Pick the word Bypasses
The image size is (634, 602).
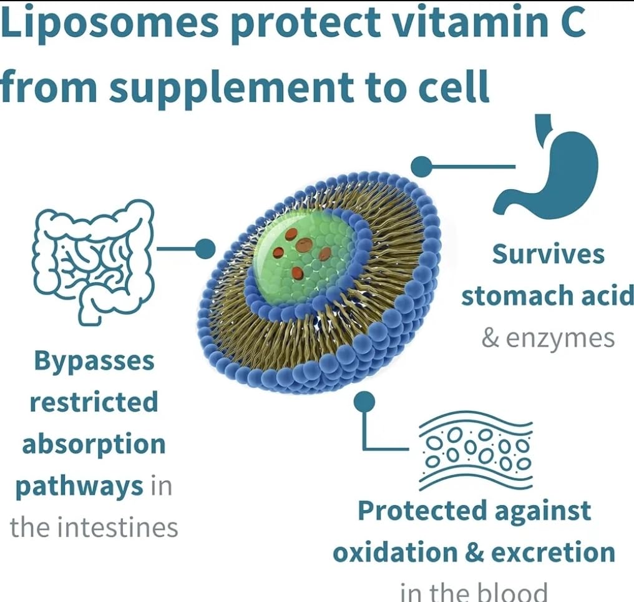click(x=94, y=360)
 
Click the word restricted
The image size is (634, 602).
click(x=94, y=402)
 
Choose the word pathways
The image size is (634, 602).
click(x=79, y=485)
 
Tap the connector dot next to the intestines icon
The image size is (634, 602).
click(x=205, y=249)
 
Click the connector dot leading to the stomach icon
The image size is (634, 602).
click(x=421, y=166)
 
